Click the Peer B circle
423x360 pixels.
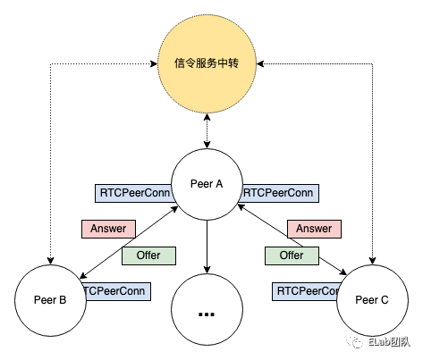coord(50,300)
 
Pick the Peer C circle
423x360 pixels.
coord(371,300)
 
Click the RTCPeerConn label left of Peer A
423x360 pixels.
coord(133,192)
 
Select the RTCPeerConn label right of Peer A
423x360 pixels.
coord(278,192)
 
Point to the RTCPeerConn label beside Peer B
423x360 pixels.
coord(115,290)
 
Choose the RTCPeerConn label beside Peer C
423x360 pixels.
coord(306,290)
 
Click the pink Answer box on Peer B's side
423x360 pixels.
coord(108,229)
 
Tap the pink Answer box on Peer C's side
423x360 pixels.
coord(314,229)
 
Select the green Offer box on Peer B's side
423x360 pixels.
coord(148,255)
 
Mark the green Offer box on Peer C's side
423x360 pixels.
coord(292,255)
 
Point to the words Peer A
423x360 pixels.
coord(207,184)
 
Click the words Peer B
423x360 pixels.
coord(50,300)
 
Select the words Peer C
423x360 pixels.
coord(371,300)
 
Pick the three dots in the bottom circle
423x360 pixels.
coord(207,314)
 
